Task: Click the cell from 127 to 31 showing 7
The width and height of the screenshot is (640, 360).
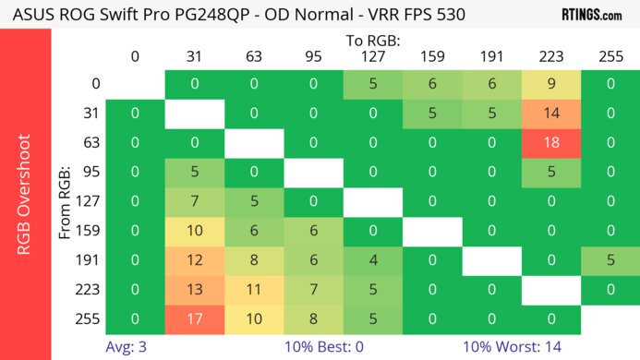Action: coord(194,202)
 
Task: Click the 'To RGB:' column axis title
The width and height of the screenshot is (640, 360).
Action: coord(372,41)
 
